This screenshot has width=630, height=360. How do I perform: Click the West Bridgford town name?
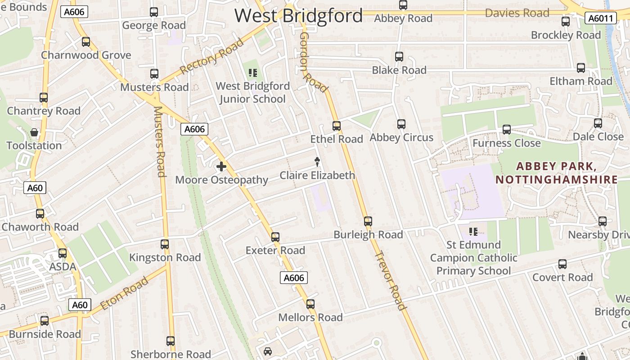[x=298, y=16]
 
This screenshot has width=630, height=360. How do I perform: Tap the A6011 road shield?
[x=600, y=18]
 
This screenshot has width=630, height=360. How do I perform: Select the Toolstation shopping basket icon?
[x=34, y=132]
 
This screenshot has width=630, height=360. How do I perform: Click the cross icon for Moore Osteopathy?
[x=221, y=167]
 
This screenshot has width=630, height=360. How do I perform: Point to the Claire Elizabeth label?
[x=317, y=175]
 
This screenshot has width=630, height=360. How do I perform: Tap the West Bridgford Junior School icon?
[x=252, y=73]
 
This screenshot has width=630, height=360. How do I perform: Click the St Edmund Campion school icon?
[x=473, y=232]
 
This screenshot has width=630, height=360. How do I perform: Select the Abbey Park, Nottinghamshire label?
[x=557, y=173]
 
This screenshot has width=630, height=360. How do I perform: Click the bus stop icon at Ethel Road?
[x=336, y=126]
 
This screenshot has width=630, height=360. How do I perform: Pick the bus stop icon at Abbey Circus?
[x=401, y=124]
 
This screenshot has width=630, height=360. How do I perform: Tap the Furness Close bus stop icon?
[x=506, y=130]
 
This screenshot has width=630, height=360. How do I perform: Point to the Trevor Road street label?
[x=391, y=280]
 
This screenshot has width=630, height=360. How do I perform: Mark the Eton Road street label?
[x=124, y=293]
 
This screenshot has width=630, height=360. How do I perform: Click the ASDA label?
[x=63, y=267]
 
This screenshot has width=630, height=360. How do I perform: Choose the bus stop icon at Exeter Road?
[x=275, y=237]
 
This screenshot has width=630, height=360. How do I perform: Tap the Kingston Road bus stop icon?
[x=165, y=244]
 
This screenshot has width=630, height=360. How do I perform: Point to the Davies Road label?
[x=517, y=13]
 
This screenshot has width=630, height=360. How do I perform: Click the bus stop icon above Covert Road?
[x=562, y=264]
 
